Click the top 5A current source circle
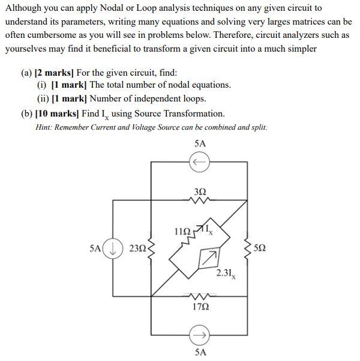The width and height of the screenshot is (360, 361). pos(200,162)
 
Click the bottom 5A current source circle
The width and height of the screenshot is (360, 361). pos(200,334)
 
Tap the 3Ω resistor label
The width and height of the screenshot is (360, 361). pos(200,191)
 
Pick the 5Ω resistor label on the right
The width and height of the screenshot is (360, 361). pos(260,248)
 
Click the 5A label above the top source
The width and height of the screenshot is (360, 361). pos(200,144)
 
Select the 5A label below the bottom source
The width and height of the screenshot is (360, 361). pos(200,353)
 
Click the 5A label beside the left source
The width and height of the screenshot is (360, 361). pos(94,248)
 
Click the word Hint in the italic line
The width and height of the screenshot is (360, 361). pos(46,127)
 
